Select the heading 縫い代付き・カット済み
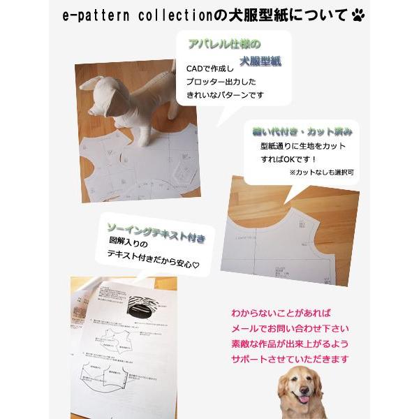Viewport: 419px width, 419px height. pyautogui.click(x=307, y=131)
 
